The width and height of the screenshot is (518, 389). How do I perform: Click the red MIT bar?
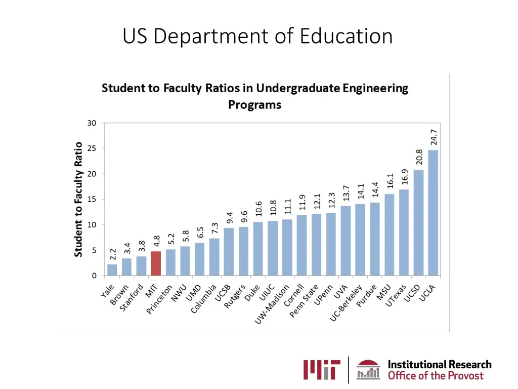156,263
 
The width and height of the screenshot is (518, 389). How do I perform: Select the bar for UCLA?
433,213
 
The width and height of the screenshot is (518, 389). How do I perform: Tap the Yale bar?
112,270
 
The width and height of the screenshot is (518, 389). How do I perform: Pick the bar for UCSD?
418,223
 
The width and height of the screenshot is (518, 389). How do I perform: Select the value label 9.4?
230,217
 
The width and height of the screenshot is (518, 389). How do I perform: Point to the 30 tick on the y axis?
92,123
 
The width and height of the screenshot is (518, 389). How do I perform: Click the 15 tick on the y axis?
92,199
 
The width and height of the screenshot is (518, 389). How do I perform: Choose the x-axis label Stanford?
131,299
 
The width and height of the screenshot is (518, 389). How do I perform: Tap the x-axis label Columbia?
203,300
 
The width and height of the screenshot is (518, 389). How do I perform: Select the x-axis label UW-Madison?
272,305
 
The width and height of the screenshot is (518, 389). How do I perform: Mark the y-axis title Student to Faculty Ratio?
78,199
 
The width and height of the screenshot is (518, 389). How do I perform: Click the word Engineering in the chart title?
375,88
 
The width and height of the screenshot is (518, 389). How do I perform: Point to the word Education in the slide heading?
346,36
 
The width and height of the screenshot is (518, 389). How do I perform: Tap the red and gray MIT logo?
322,370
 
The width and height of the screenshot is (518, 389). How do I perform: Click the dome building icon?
369,370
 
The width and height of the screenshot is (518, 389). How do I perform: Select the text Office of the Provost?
436,376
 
